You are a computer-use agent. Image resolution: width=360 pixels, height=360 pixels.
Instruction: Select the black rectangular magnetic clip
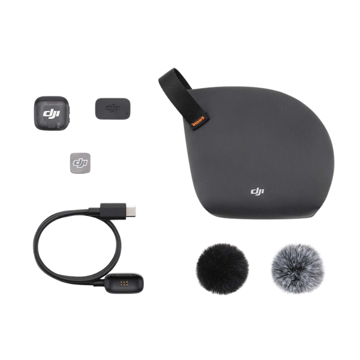point(112,108)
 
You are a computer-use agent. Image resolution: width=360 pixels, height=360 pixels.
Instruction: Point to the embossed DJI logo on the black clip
point(112,108)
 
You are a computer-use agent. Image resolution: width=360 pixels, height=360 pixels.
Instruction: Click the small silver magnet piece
point(79,162)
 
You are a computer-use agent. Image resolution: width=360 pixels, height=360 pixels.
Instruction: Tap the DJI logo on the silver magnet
point(79,162)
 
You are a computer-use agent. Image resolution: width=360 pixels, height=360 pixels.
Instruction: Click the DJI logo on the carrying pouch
point(257,191)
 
